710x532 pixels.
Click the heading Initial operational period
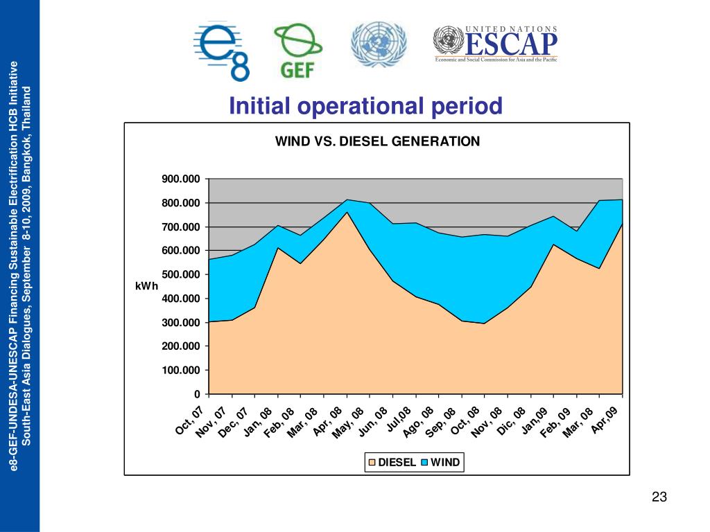[x=365, y=107]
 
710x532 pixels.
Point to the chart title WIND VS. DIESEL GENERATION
[x=377, y=141]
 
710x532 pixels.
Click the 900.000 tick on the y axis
[x=181, y=179]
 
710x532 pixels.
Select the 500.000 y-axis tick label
[x=181, y=275]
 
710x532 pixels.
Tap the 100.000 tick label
[x=181, y=371]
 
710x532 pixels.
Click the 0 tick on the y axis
[x=197, y=394]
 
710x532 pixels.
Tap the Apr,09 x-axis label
[x=609, y=420]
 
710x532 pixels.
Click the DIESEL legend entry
[x=392, y=462]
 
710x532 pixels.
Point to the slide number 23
[x=659, y=497]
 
